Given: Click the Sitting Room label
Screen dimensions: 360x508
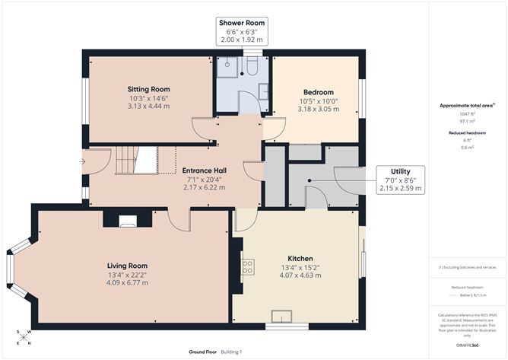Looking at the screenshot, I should (148, 89).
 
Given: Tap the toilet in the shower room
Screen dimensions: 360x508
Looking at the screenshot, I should (250, 68).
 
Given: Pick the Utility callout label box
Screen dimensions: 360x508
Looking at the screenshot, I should (400, 179).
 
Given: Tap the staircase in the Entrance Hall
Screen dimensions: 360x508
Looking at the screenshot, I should (137, 160).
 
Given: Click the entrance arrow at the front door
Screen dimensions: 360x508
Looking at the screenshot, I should (82, 161).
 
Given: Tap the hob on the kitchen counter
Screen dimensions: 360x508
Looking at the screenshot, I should (247, 266).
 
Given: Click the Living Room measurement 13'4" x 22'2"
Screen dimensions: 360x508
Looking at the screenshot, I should (127, 275).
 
